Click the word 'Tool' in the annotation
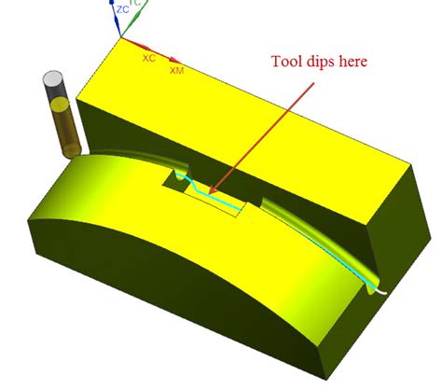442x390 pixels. (287, 63)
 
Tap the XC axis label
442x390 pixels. (148, 58)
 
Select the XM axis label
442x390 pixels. (176, 70)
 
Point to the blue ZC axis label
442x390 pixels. (123, 9)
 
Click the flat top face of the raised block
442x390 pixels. (252, 112)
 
